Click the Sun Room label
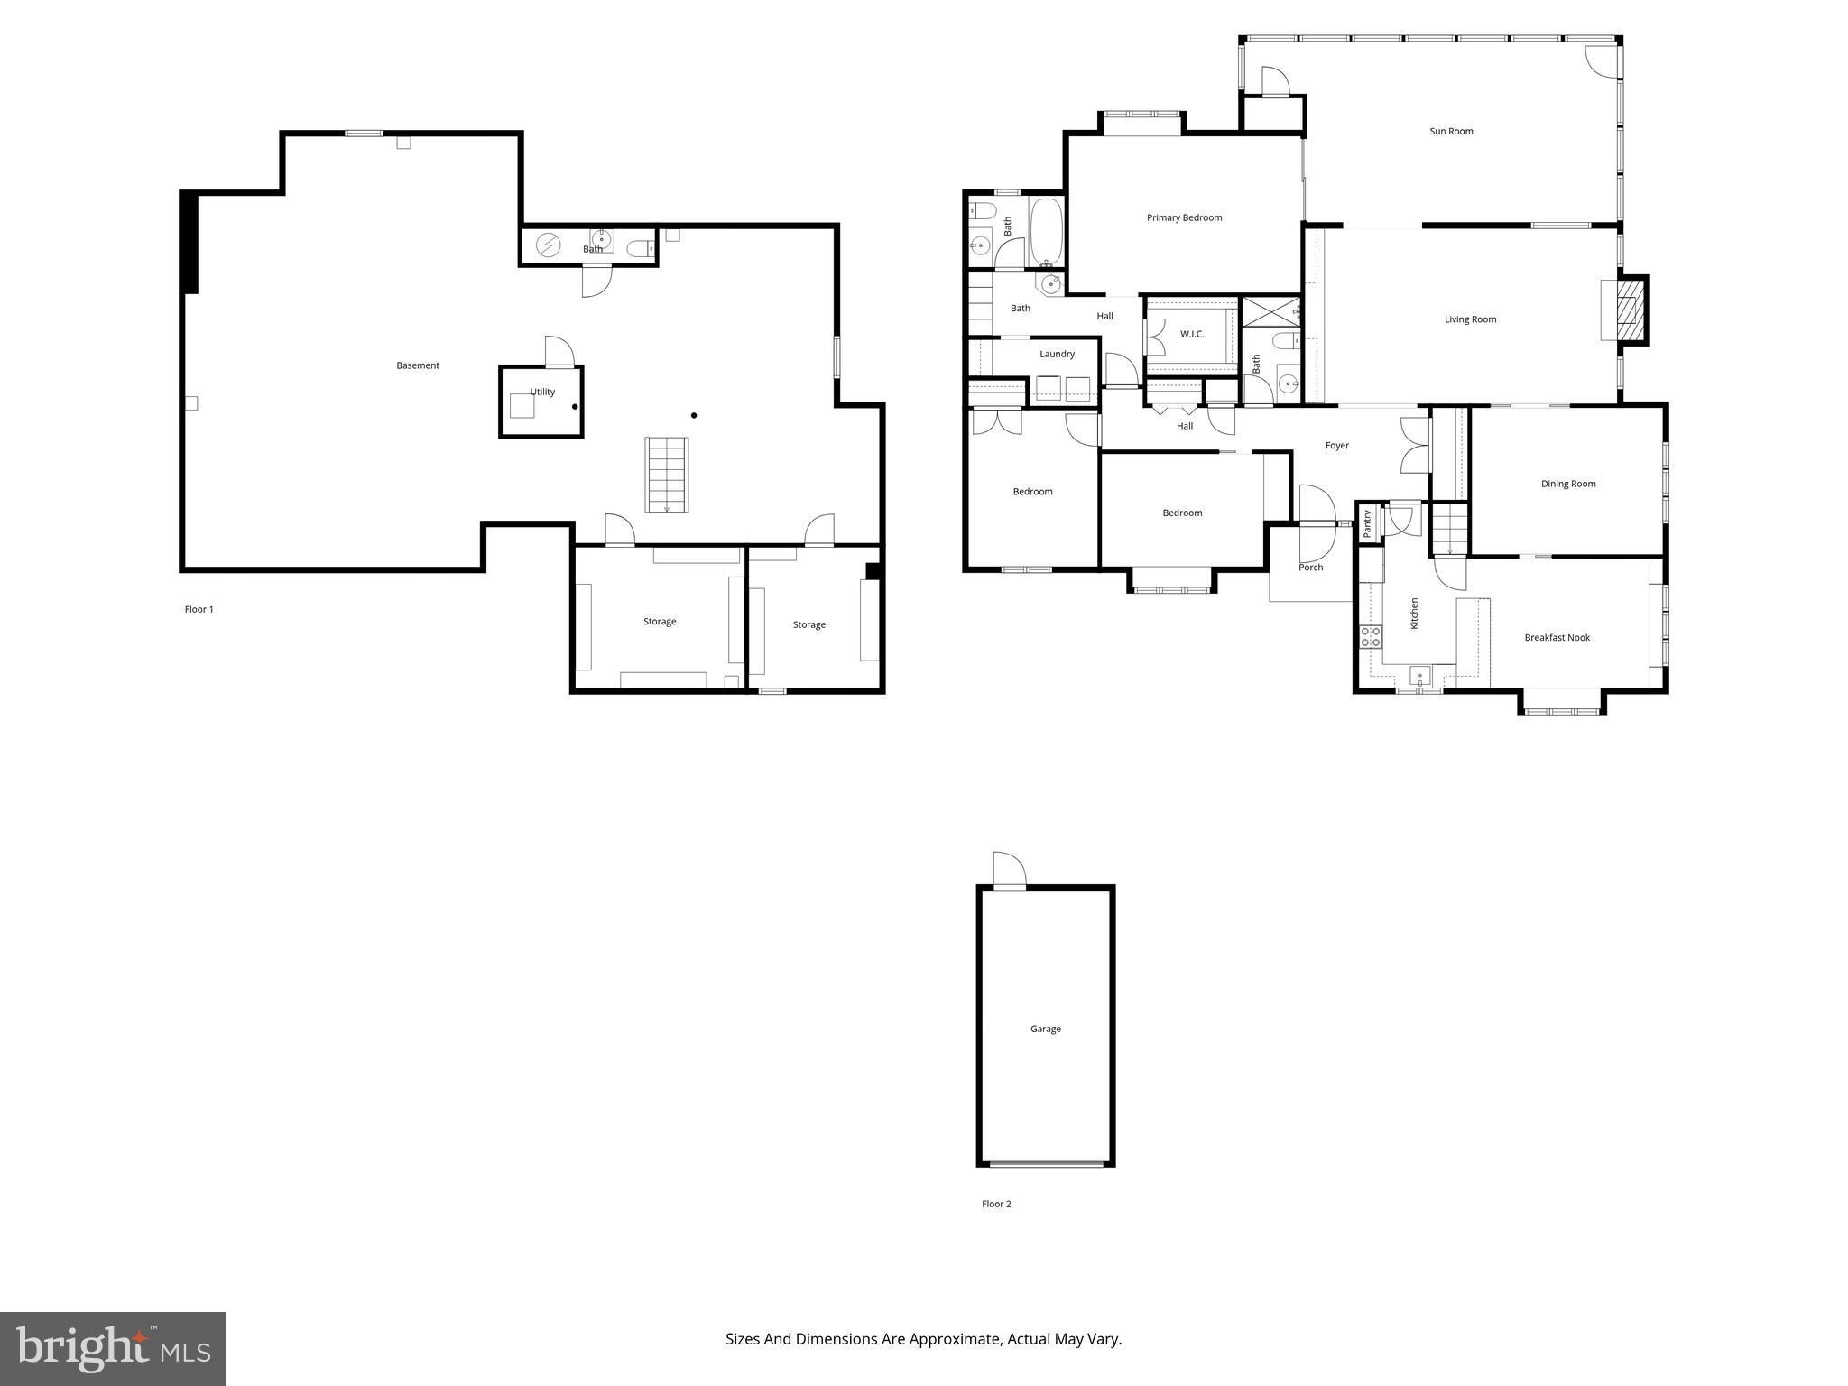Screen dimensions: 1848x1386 [x=1451, y=132]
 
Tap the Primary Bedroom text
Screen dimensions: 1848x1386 [x=1184, y=217]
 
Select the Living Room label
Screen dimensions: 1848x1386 [x=1470, y=319]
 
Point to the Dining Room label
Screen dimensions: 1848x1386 [x=1568, y=484]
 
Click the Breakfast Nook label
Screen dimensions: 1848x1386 [x=1557, y=637]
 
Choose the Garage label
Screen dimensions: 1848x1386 [x=1046, y=1029]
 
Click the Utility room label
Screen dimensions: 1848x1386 [x=542, y=392]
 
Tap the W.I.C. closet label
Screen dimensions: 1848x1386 [x=1192, y=334]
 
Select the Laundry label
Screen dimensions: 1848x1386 [x=1057, y=354]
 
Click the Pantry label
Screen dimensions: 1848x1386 [x=1367, y=524]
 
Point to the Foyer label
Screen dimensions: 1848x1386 [x=1337, y=446]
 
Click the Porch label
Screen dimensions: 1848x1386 [x=1311, y=568]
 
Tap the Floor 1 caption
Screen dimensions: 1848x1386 [x=199, y=609]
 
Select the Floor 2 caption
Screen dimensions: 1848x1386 [x=996, y=1204]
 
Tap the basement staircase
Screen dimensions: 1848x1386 [x=667, y=475]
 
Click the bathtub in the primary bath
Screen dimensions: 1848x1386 [x=1047, y=233]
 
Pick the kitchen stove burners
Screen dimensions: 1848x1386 [x=1371, y=637]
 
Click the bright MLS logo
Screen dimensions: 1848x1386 [x=113, y=1349]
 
